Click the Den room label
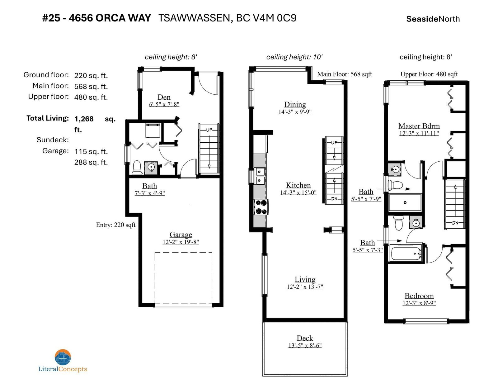pos(164,97)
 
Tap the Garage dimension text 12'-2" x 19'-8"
pos(181,242)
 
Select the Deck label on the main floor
pos(305,338)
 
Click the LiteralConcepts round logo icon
pos(63,357)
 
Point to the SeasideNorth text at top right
pos(433,19)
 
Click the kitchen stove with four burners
pos(261,207)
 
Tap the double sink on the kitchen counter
pos(260,176)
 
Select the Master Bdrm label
pos(419,126)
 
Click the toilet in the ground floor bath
pos(137,167)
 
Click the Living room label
pos(305,279)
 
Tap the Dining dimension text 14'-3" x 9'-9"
pos(295,112)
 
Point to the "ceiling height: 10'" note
pos(294,57)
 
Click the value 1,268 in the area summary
pos(84,119)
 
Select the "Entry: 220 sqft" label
pos(116,225)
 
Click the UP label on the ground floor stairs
pos(209,130)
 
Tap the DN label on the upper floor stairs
pos(455,223)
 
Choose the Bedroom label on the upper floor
pos(419,296)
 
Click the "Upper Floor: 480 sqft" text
pos(429,74)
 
